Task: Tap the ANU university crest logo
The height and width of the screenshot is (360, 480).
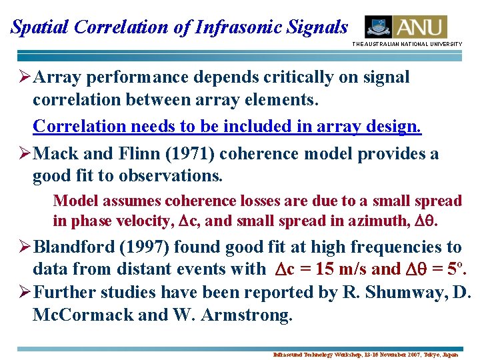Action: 378,27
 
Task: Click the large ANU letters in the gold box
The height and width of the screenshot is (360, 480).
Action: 420,27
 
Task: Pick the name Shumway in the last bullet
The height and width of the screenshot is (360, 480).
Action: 411,292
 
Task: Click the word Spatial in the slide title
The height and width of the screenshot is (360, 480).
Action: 41,27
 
